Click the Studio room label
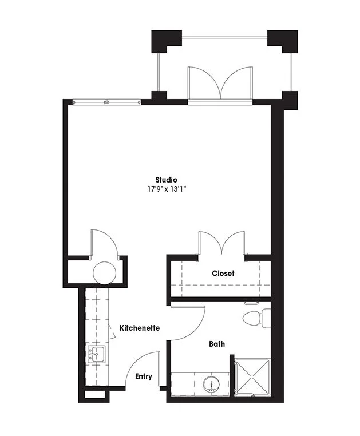[x=166, y=180]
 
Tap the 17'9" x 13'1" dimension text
[x=167, y=189]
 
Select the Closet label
[x=223, y=274]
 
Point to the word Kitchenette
[x=140, y=328]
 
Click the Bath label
[x=217, y=344]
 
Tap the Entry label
[x=144, y=376]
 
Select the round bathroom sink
[x=211, y=384]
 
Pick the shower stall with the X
[x=252, y=376]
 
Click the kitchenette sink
[x=97, y=354]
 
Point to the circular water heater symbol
[x=104, y=273]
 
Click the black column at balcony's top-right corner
[x=283, y=41]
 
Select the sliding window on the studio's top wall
[x=106, y=102]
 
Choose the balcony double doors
[x=220, y=83]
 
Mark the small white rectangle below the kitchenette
[x=94, y=395]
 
